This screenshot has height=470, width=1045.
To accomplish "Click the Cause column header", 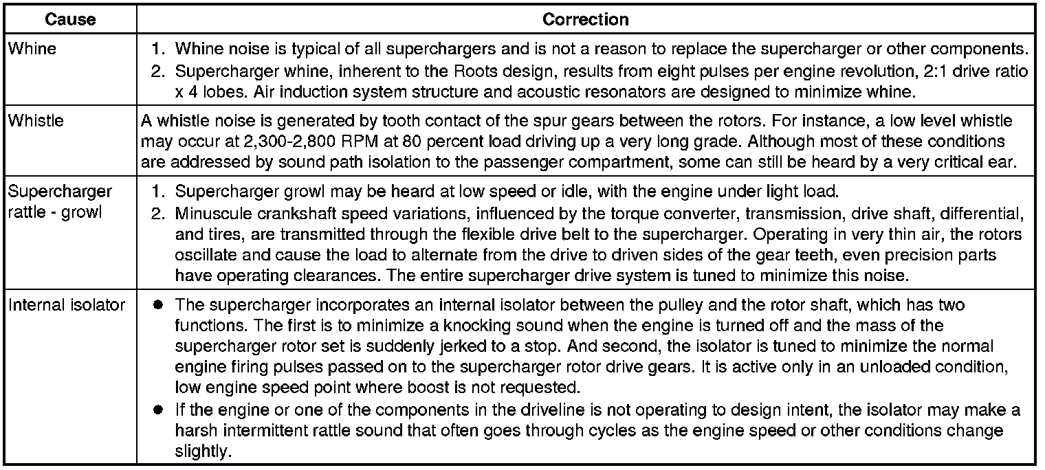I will tap(70, 20).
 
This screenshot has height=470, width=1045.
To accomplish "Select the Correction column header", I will tap(585, 20).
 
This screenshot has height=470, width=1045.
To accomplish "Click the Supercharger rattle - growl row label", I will tap(59, 201).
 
